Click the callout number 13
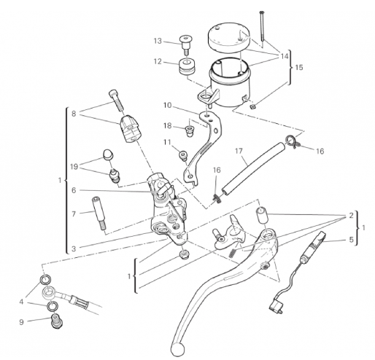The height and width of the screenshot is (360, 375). point(158,41)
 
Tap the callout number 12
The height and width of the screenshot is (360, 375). point(158,62)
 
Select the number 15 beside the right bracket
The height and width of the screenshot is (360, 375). point(299,67)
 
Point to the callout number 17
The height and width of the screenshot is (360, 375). point(239,151)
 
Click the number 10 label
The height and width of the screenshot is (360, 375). point(167,105)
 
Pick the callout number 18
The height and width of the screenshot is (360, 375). point(167,126)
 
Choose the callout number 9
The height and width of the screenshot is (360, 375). point(21,322)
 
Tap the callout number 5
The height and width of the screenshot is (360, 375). point(351,240)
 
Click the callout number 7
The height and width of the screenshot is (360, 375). point(74,214)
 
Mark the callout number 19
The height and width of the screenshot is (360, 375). point(74,167)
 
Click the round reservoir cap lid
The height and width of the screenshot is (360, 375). point(228,36)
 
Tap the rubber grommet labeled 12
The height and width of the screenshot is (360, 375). point(187,66)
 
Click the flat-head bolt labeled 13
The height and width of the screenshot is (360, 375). point(186,45)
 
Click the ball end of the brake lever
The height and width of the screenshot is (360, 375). point(177,349)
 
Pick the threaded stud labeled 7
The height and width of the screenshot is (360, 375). point(98,214)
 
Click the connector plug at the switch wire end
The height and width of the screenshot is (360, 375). point(276,305)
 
